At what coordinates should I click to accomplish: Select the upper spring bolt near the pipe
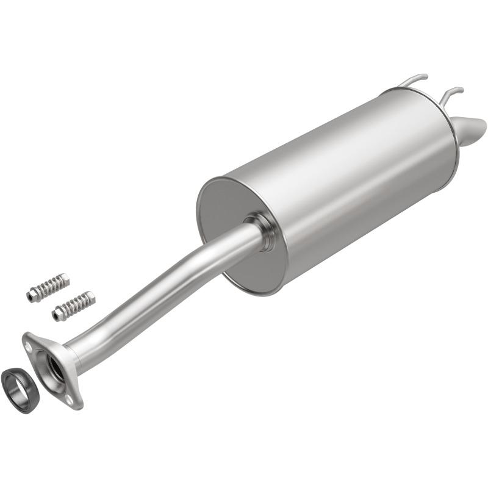[48, 287]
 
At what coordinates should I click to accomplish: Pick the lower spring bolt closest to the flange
[73, 305]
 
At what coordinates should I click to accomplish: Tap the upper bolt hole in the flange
[28, 343]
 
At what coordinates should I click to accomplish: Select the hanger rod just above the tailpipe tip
[452, 93]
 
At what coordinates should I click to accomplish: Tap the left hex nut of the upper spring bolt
[30, 295]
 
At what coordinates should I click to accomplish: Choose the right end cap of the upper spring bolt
[65, 279]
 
